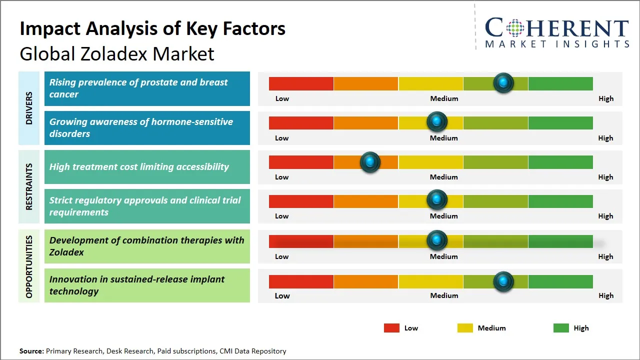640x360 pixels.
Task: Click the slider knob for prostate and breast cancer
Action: [x=503, y=82]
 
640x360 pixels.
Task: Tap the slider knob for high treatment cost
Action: [x=370, y=162]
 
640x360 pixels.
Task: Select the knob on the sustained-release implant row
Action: [x=503, y=281]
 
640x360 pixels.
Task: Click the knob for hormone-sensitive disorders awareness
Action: [x=437, y=121]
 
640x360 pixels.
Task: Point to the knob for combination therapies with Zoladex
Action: [x=437, y=240]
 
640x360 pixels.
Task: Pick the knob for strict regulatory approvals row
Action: [x=437, y=200]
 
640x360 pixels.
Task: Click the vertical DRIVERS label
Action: [x=29, y=108]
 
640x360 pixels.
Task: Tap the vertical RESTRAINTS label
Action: [x=29, y=186]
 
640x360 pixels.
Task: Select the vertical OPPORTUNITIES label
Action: [x=29, y=266]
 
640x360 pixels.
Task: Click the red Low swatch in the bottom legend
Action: [x=391, y=328]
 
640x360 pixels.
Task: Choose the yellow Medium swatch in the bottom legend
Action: [x=465, y=328]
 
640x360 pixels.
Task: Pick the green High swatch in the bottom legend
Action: [x=561, y=328]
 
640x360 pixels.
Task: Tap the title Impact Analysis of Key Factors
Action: [x=152, y=29]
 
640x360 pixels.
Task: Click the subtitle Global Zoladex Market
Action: [x=117, y=53]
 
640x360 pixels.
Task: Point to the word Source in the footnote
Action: [x=31, y=351]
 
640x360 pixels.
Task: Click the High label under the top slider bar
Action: [x=605, y=98]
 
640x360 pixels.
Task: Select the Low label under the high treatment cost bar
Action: [x=282, y=177]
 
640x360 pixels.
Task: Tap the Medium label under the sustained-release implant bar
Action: [x=444, y=295]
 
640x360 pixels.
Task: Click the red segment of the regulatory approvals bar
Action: [x=301, y=201]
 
